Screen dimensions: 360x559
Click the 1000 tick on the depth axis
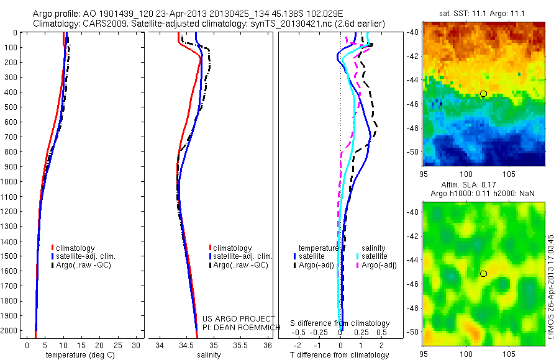coord(11,181)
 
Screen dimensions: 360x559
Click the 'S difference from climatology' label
coord(340,323)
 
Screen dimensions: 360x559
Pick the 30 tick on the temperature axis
coord(138,345)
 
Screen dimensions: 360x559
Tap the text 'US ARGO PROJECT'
coord(237,318)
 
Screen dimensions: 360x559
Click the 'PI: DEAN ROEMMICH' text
coord(238,326)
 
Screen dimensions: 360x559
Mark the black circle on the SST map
coord(483,94)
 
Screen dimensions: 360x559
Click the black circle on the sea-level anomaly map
coord(483,274)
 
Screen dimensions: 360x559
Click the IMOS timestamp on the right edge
coord(551,286)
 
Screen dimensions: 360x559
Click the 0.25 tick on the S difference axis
coord(361,333)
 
